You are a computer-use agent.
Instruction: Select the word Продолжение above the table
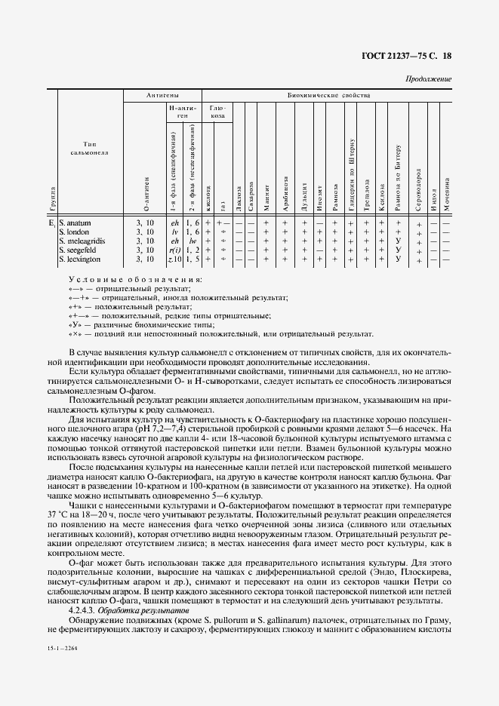tap(429, 78)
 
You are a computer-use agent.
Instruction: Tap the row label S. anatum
tap(75, 223)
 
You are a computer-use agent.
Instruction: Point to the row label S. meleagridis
tap(81, 241)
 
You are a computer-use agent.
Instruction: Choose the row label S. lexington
tap(79, 259)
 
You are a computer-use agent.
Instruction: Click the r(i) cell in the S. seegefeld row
tap(174, 250)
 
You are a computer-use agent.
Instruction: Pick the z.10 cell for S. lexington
tap(175, 259)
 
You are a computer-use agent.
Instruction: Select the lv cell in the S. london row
tap(175, 232)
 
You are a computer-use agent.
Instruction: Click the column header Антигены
tap(162, 97)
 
